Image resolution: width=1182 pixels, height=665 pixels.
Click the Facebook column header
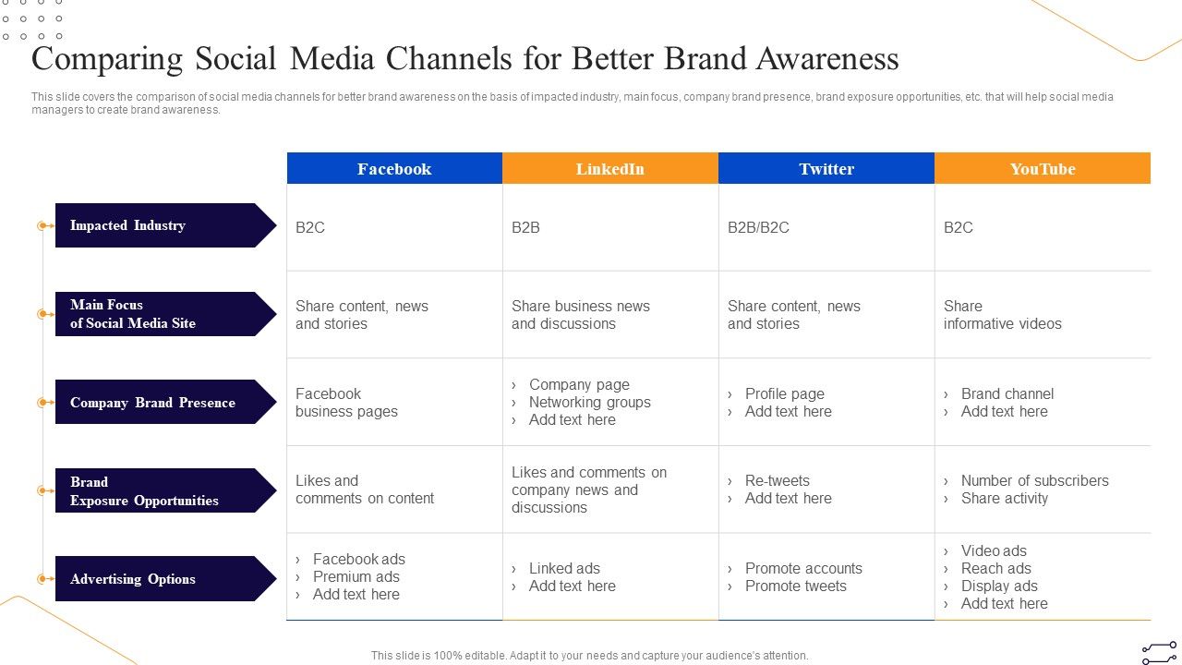pyautogui.click(x=394, y=169)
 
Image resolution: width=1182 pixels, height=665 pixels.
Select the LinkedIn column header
pyautogui.click(x=610, y=169)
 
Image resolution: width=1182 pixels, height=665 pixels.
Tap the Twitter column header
pyautogui.click(x=826, y=169)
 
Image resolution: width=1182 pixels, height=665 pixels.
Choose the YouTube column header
pyautogui.click(x=1043, y=169)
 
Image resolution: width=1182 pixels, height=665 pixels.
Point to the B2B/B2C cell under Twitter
pyautogui.click(x=758, y=227)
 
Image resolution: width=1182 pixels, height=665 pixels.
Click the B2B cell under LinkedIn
pyautogui.click(x=525, y=227)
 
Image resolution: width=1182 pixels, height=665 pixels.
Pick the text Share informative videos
pyautogui.click(x=1002, y=315)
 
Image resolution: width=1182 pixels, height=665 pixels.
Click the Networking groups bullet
pyautogui.click(x=589, y=402)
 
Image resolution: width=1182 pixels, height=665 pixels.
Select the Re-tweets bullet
pyautogui.click(x=777, y=480)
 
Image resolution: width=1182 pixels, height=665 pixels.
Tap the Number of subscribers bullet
pyautogui.click(x=1034, y=480)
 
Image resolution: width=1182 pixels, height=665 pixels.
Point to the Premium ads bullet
pyautogui.click(x=356, y=576)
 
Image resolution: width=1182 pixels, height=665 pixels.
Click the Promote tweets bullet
pyautogui.click(x=795, y=586)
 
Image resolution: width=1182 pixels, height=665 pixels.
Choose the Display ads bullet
pyautogui.click(x=998, y=586)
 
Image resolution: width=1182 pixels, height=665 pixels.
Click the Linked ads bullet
pyautogui.click(x=564, y=568)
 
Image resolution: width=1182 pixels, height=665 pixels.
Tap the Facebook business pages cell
pyautogui.click(x=346, y=403)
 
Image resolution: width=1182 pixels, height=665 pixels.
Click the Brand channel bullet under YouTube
pyautogui.click(x=1007, y=393)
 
